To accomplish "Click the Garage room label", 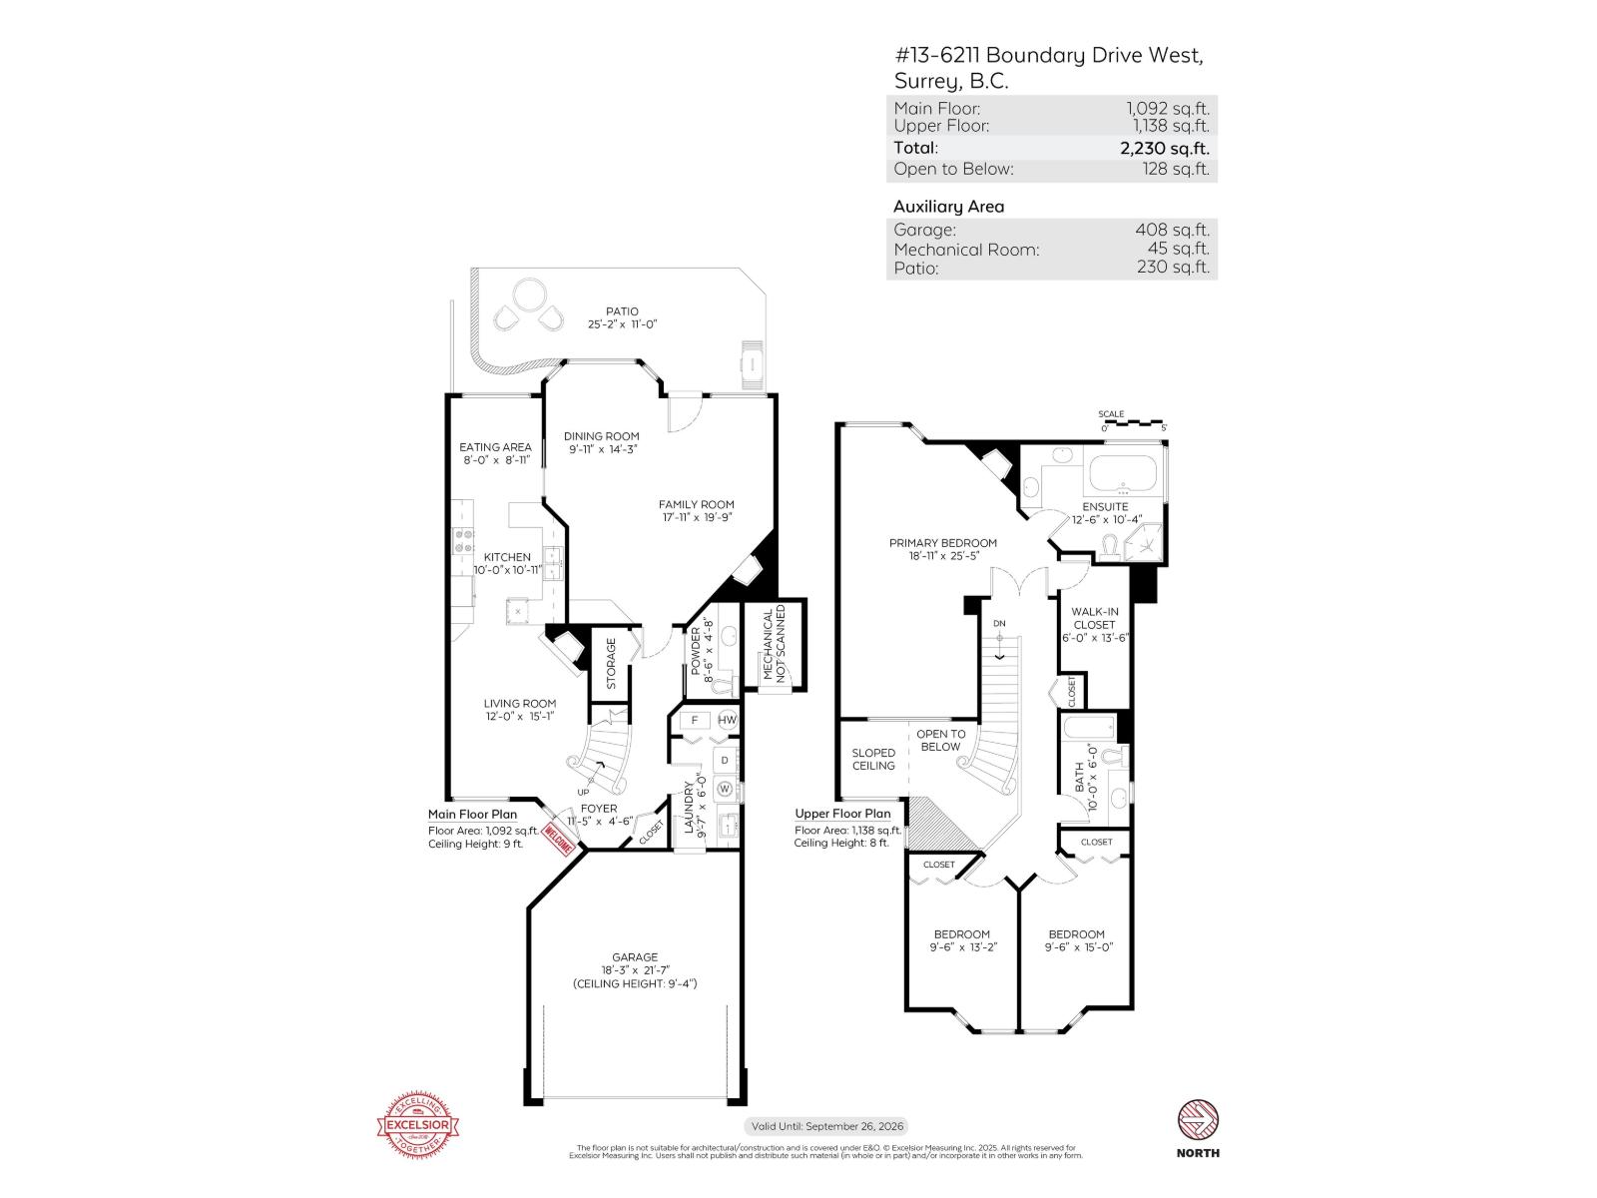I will [635, 956].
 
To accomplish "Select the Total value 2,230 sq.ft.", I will [1164, 148].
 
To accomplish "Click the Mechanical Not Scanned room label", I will [775, 644].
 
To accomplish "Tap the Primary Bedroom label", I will [942, 543].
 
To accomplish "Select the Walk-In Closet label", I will [1094, 618].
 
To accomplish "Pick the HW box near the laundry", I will [727, 720].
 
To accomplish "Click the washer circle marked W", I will [726, 790].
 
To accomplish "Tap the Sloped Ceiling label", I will [873, 759].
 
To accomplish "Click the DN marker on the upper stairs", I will [999, 624].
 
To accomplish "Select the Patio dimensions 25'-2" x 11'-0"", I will [622, 324].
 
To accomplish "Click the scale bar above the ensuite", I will [1132, 423].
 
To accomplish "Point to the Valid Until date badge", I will [826, 1126].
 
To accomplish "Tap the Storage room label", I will [611, 663].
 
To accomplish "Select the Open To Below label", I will [940, 740].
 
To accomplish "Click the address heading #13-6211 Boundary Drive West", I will [1048, 56].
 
